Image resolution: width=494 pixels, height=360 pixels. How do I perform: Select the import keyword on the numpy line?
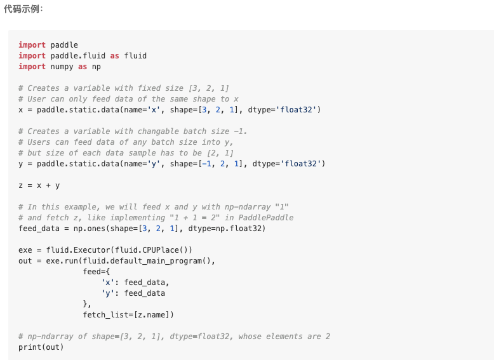(32, 67)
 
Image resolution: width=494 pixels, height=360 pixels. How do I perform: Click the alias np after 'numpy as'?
(96, 67)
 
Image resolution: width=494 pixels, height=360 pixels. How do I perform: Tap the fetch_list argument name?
(106, 315)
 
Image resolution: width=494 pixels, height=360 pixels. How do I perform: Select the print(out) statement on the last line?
(41, 347)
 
